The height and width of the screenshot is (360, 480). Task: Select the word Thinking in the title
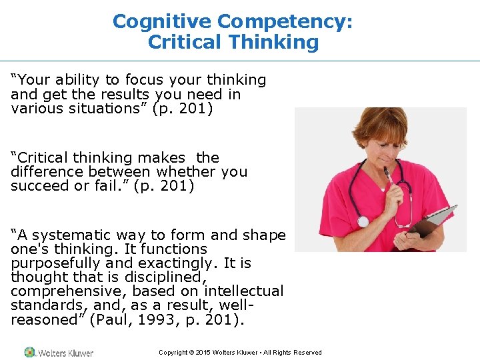pyautogui.click(x=274, y=43)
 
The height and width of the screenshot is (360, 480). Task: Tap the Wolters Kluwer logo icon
pyautogui.click(x=29, y=352)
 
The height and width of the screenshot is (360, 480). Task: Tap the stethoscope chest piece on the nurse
pyautogui.click(x=363, y=221)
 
